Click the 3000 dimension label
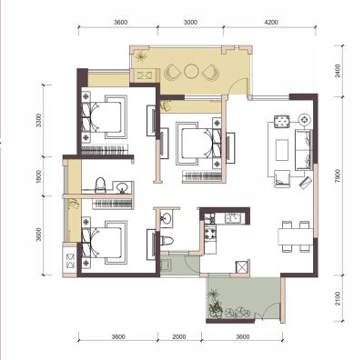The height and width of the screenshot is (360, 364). point(190,22)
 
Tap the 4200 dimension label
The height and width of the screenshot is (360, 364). point(271,22)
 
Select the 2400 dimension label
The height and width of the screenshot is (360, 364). point(339,70)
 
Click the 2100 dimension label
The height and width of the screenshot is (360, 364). point(339,298)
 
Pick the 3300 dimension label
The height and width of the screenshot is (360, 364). point(38,120)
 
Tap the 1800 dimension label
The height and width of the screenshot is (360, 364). point(38,176)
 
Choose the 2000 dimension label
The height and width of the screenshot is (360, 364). point(179,336)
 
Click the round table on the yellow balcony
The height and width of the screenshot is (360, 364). point(191,72)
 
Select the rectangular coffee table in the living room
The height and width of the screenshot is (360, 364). point(282,150)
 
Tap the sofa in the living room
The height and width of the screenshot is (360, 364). point(304,150)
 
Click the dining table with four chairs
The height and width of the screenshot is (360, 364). point(296,236)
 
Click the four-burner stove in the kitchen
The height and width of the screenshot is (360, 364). point(210,233)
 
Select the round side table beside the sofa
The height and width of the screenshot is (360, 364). point(305,119)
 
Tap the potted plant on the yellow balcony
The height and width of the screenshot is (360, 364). point(141,56)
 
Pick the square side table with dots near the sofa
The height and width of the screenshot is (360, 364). point(282,122)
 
